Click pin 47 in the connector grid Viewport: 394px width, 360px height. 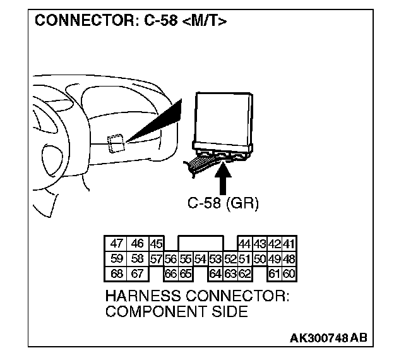pos(116,244)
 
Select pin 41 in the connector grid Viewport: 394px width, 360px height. pos(289,244)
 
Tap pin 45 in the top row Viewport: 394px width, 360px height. pos(156,244)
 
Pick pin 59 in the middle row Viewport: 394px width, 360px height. pos(116,258)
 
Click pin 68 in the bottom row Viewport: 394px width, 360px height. pos(116,273)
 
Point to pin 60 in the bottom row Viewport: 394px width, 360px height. pos(289,273)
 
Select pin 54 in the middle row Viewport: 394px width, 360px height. pos(200,258)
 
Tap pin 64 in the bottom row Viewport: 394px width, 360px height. pos(215,273)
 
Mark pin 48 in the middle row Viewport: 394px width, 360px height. pos(289,258)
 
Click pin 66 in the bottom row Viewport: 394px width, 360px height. pos(170,273)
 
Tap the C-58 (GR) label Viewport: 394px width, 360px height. pos(223,203)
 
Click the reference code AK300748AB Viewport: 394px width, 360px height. pos(328,339)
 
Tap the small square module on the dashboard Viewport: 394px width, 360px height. pos(115,143)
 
